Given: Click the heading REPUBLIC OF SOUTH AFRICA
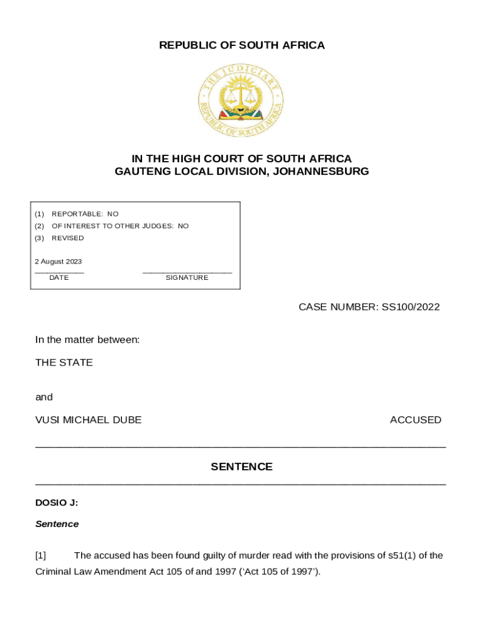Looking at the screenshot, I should (241, 45).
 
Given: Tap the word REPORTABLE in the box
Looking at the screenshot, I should (72, 214).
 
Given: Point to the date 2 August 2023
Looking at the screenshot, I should (58, 262).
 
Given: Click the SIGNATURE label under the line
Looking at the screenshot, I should (187, 277).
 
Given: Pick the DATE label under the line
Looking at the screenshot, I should (59, 277).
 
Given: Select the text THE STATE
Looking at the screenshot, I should (64, 362).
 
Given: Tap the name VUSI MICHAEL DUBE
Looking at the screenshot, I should (89, 419).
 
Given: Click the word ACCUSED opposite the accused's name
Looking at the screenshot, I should (415, 419).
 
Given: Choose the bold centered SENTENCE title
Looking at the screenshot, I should (241, 467).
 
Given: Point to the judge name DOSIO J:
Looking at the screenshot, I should (57, 502).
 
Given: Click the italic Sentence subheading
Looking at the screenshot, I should (57, 524).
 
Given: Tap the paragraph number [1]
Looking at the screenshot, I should (41, 555).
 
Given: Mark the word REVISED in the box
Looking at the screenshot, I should (67, 238).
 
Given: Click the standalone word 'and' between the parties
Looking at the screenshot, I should (44, 397).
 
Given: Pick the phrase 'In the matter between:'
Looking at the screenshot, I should (87, 340).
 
